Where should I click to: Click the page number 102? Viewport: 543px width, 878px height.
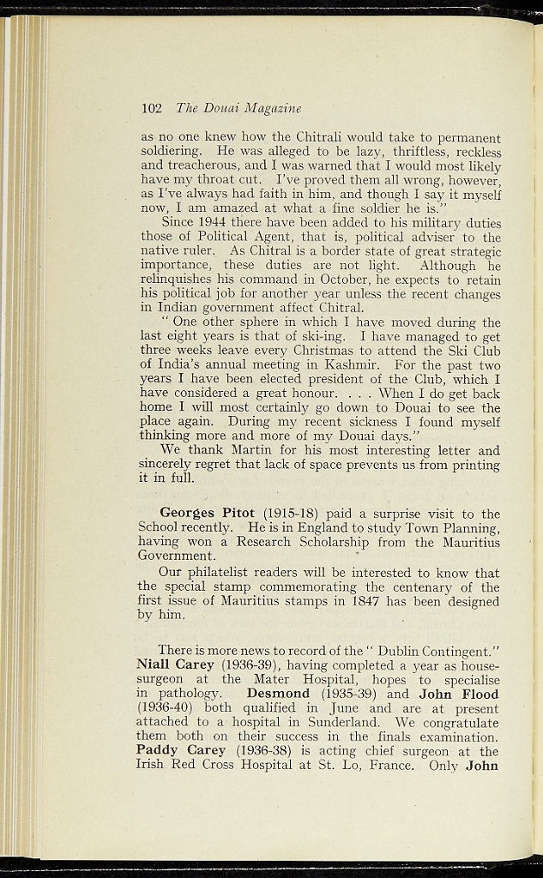[152, 108]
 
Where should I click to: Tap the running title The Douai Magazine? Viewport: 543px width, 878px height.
[238, 108]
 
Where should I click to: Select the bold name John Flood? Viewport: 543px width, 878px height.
[459, 693]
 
